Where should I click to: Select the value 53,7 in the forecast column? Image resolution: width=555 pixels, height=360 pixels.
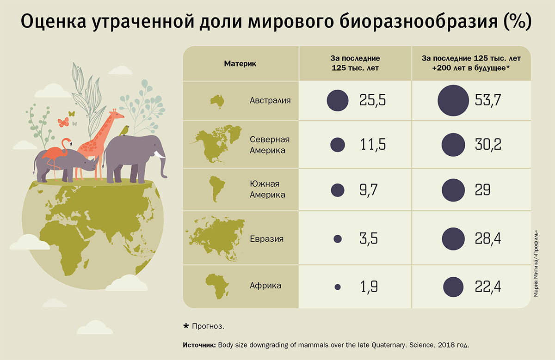[488, 100]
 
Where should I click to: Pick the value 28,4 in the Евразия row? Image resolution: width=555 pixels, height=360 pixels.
[488, 239]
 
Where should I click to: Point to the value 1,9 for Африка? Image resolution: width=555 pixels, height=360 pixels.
[369, 287]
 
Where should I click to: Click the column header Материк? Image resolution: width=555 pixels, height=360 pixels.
[240, 64]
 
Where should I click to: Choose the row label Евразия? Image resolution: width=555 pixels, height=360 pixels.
[266, 239]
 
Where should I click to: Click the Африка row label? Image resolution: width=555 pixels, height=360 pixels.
[265, 286]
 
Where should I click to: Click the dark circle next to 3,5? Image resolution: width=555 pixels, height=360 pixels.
[338, 239]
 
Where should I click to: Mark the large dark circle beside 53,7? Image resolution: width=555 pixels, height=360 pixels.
[453, 100]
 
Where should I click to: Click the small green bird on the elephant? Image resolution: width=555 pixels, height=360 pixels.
[124, 131]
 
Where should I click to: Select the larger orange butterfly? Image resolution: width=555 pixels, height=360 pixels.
[63, 122]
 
